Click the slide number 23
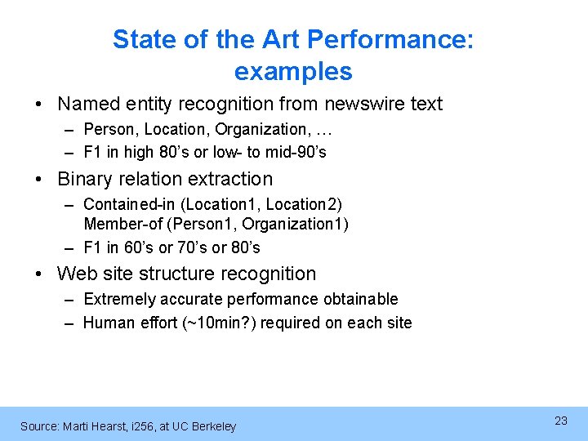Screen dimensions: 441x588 [561, 421]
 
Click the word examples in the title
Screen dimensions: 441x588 [293, 72]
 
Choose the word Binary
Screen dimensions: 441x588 [87, 179]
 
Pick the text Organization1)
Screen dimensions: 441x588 [296, 224]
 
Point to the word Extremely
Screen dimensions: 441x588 [119, 299]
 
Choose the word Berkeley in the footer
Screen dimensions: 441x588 [214, 426]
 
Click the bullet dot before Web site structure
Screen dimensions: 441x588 [41, 274]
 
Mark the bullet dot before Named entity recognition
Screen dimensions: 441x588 [41, 105]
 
